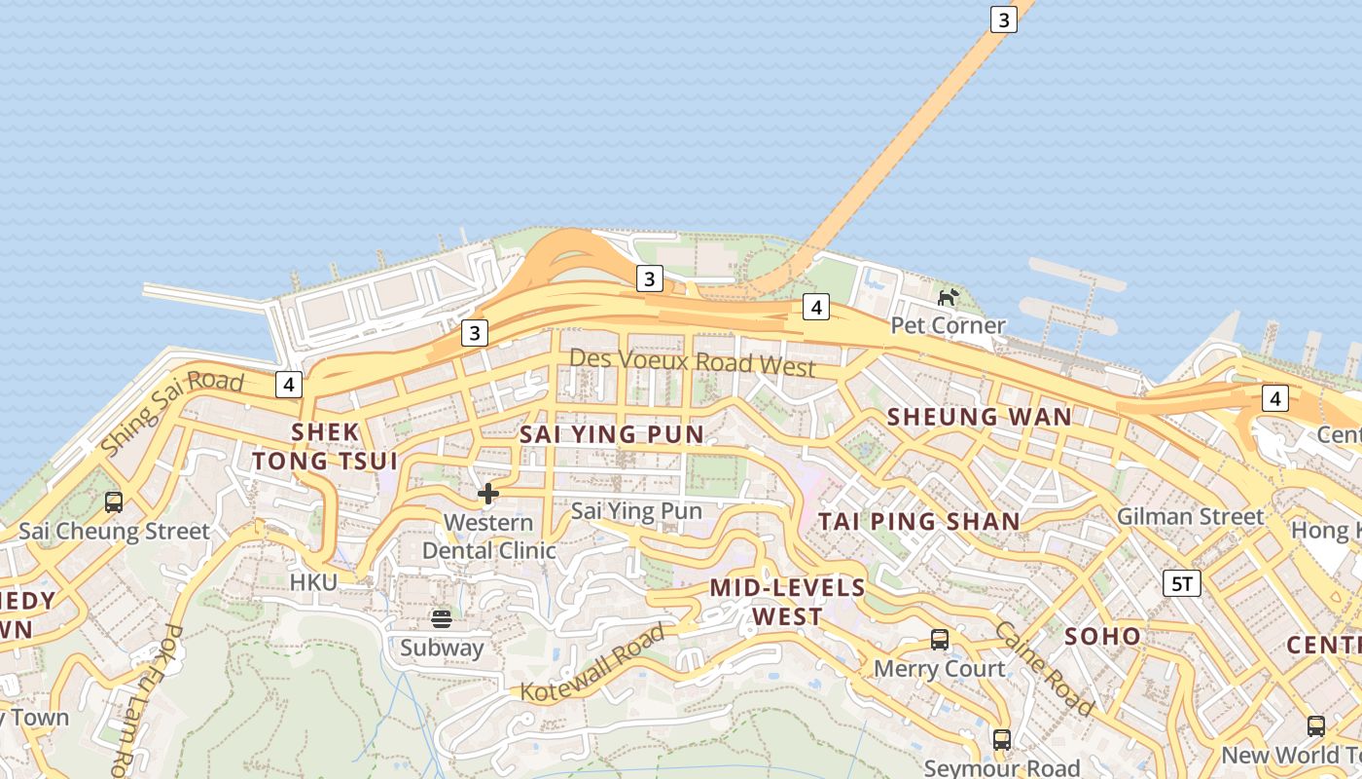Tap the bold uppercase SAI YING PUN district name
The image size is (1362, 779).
pyautogui.click(x=611, y=434)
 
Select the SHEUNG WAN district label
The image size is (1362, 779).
pyautogui.click(x=979, y=417)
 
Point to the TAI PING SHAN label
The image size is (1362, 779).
pyautogui.click(x=918, y=521)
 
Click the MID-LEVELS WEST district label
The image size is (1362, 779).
pyautogui.click(x=787, y=602)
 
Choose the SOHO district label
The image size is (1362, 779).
pyautogui.click(x=1102, y=636)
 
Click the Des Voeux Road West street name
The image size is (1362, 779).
pyautogui.click(x=692, y=361)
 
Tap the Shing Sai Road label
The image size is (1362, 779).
pyautogui.click(x=172, y=411)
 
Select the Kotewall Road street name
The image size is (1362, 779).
pyautogui.click(x=593, y=663)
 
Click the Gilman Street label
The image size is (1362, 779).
pyautogui.click(x=1190, y=516)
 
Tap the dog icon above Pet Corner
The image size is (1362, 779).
pyautogui.click(x=948, y=296)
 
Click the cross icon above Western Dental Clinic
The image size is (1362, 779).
pyautogui.click(x=488, y=494)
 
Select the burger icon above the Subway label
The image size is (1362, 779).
pyautogui.click(x=442, y=619)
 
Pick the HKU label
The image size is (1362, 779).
pyautogui.click(x=313, y=582)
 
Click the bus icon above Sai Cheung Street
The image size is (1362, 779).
pyautogui.click(x=114, y=502)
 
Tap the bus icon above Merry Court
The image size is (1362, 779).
pyautogui.click(x=939, y=640)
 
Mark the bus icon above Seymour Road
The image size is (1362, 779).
pyautogui.click(x=1002, y=739)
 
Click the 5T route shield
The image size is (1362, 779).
pyautogui.click(x=1181, y=583)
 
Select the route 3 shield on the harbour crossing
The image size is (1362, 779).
pyautogui.click(x=1003, y=19)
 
